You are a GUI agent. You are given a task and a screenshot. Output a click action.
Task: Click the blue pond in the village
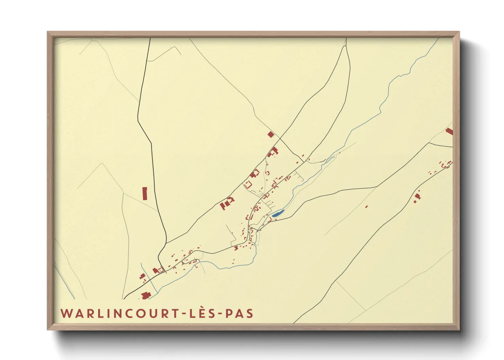pyautogui.click(x=278, y=214)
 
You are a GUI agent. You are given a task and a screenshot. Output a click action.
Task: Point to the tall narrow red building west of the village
pyautogui.click(x=145, y=193)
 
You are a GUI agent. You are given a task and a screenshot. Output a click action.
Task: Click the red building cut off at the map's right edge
pyautogui.click(x=450, y=131)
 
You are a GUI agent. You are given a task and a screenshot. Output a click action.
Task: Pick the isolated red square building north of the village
pyautogui.click(x=271, y=134)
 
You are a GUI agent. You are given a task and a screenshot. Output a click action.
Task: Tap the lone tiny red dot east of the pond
pyautogui.click(x=366, y=206)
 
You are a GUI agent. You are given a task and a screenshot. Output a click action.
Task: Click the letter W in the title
pyautogui.click(x=66, y=313)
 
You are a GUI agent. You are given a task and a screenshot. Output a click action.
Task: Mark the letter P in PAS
pyautogui.click(x=229, y=313)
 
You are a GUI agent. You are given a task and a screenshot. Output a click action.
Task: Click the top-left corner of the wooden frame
pyautogui.click(x=48, y=32)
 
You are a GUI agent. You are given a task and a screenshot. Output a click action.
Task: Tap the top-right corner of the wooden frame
pyautogui.click(x=459, y=32)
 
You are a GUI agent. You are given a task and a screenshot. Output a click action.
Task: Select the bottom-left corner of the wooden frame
pyautogui.click(x=48, y=329)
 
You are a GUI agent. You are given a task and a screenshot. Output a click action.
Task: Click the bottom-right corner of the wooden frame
pyautogui.click(x=459, y=329)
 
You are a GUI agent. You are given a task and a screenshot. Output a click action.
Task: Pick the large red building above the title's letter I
pyautogui.click(x=146, y=295)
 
